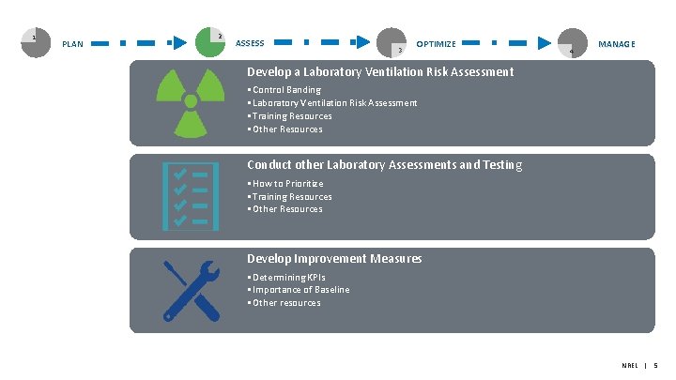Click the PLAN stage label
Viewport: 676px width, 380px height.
[x=72, y=44]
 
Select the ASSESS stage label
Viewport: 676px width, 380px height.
[x=249, y=43]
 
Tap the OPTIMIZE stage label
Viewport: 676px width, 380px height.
[x=436, y=44]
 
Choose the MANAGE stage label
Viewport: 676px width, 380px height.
[x=616, y=44]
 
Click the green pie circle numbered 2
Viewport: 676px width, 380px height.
[x=210, y=41]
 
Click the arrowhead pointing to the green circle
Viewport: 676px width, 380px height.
[x=176, y=43]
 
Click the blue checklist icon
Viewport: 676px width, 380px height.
[x=191, y=196]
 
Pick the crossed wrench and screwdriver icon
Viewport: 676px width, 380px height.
[x=191, y=289]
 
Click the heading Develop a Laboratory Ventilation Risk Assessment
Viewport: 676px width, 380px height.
[x=379, y=71]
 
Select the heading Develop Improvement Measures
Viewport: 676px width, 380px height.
[x=333, y=258]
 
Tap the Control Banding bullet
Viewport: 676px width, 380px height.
[x=284, y=90]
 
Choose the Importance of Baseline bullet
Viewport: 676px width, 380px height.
[x=299, y=290]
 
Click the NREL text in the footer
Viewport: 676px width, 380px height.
[x=629, y=364]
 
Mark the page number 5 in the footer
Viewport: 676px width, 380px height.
[x=655, y=364]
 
